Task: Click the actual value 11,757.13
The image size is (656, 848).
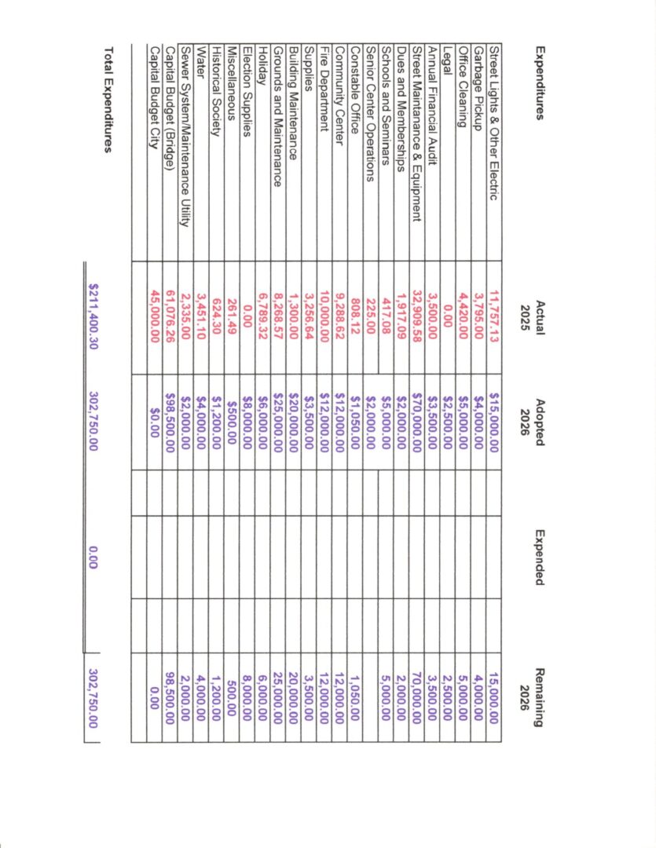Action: pyautogui.click(x=493, y=317)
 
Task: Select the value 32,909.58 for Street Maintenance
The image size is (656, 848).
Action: pyautogui.click(x=416, y=317)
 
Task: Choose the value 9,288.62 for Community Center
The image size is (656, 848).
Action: pyautogui.click(x=339, y=317)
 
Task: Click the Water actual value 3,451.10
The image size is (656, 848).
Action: pyautogui.click(x=200, y=317)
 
